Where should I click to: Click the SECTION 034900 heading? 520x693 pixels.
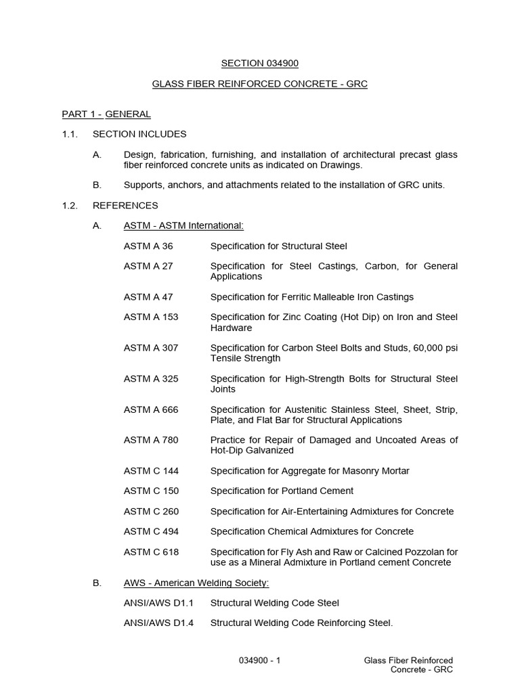[x=260, y=64]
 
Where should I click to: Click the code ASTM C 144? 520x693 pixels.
[x=151, y=470]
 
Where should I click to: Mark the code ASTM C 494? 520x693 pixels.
[x=151, y=531]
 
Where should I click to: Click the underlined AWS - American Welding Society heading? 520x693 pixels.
[x=196, y=582]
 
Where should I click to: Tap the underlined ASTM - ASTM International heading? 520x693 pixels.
[x=183, y=225]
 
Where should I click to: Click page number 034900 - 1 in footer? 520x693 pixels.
[x=260, y=660]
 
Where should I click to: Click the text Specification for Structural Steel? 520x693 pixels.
[x=278, y=246]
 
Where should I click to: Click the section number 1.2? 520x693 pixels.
[x=70, y=205]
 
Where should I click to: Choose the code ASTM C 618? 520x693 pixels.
[x=151, y=552]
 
